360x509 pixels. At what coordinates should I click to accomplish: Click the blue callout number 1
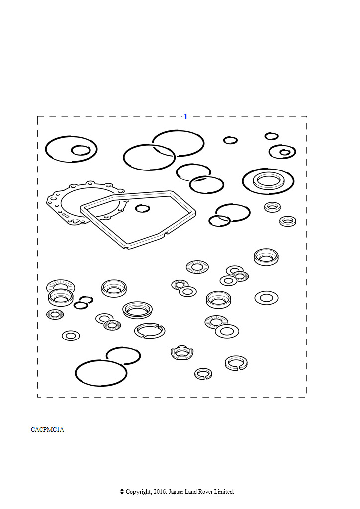[x=185, y=117]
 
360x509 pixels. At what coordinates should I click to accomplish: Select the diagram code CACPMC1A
[x=47, y=430]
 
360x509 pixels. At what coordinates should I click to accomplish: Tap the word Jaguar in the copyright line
[x=176, y=492]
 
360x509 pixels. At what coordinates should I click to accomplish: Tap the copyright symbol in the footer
[x=122, y=492]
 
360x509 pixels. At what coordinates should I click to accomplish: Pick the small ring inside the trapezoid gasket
[x=143, y=208]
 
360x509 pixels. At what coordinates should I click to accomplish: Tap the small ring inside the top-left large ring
[x=81, y=150]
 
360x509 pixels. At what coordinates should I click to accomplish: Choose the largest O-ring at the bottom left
[x=101, y=373]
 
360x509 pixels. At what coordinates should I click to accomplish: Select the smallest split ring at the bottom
[x=203, y=374]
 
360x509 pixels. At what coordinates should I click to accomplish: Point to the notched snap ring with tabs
[x=150, y=331]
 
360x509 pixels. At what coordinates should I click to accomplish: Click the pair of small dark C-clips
[x=83, y=302]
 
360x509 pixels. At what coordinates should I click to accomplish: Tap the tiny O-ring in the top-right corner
[x=271, y=136]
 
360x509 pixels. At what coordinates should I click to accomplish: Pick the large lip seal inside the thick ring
[x=268, y=181]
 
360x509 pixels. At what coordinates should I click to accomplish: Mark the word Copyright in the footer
[x=138, y=492]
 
